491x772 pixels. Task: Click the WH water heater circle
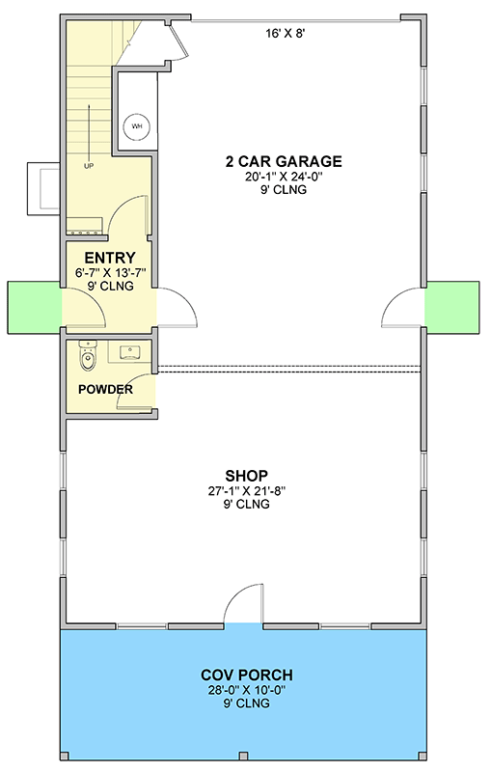136,125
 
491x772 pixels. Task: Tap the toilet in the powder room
88,359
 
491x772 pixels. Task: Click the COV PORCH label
247,675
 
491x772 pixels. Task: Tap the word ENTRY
109,258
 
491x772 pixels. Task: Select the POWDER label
106,390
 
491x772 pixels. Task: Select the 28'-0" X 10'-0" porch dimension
247,689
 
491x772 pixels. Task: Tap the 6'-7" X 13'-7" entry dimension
109,272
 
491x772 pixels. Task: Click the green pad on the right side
452,306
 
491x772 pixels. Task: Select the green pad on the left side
34,306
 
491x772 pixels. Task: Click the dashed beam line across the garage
289,367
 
